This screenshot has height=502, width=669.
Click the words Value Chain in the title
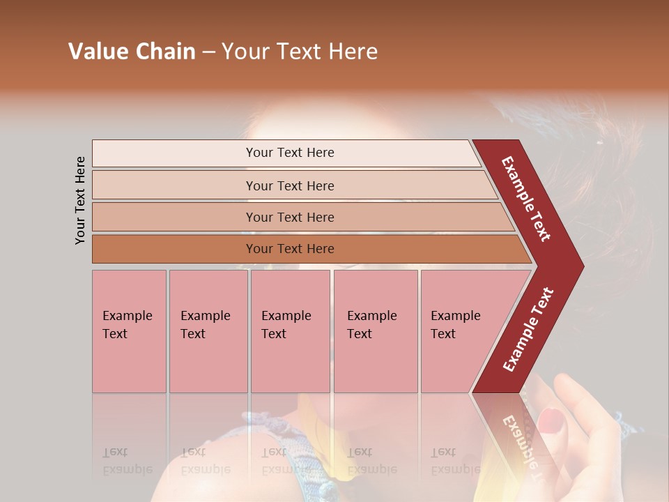click(132, 52)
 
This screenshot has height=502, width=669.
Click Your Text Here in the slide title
click(300, 52)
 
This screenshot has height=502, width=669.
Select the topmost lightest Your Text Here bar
click(289, 153)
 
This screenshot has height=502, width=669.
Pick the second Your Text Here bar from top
click(289, 185)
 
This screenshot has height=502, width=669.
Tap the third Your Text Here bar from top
click(289, 217)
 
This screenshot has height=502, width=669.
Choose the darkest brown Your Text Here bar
click(289, 249)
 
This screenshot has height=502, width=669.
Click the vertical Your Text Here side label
click(80, 200)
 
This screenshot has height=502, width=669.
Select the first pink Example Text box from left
click(129, 330)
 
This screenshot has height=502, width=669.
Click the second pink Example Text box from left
click(208, 330)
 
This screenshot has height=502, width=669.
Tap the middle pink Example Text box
click(290, 330)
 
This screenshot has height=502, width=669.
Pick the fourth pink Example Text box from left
click(375, 330)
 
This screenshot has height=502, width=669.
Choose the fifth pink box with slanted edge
click(460, 330)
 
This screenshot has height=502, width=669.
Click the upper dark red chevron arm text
click(526, 199)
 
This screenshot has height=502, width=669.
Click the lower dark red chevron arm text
click(528, 329)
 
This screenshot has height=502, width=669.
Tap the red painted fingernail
click(551, 419)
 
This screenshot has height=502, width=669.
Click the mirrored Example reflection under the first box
click(127, 469)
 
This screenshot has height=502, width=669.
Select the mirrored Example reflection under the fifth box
click(455, 469)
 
